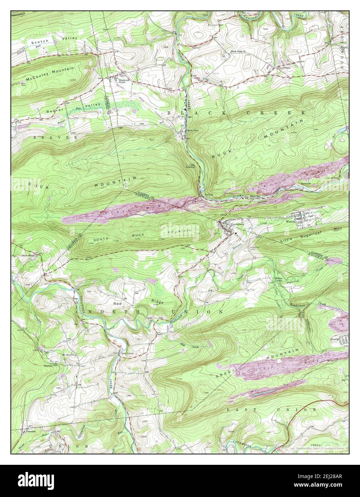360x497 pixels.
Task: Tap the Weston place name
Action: [x=290, y=222]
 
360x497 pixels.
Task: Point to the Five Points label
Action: [x=285, y=67]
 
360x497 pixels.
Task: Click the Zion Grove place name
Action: [x=127, y=353]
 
